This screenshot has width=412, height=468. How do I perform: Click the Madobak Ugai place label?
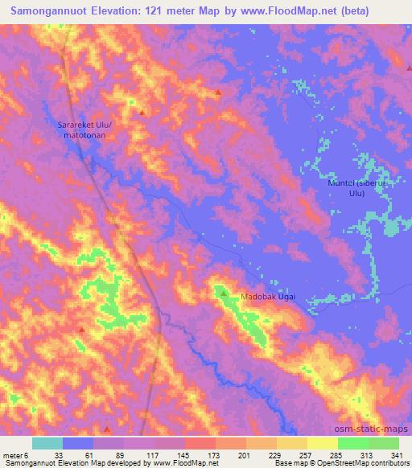[269, 298]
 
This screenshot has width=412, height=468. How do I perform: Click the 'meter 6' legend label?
[15, 454]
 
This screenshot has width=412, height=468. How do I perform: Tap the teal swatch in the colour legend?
[47, 443]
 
